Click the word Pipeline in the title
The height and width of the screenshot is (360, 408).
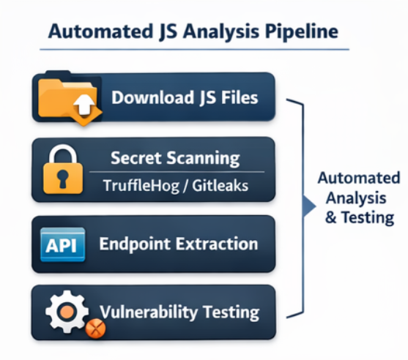[300, 32]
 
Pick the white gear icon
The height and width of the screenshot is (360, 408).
[64, 312]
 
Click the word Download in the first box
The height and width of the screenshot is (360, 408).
[148, 97]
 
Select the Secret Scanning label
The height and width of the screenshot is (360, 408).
[174, 157]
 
